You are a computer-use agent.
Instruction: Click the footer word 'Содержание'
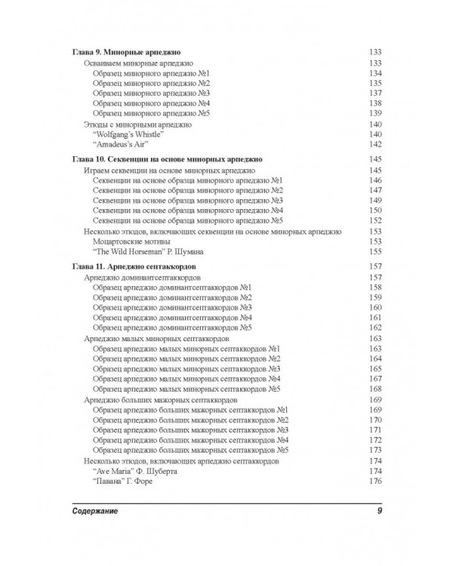click(97, 512)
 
